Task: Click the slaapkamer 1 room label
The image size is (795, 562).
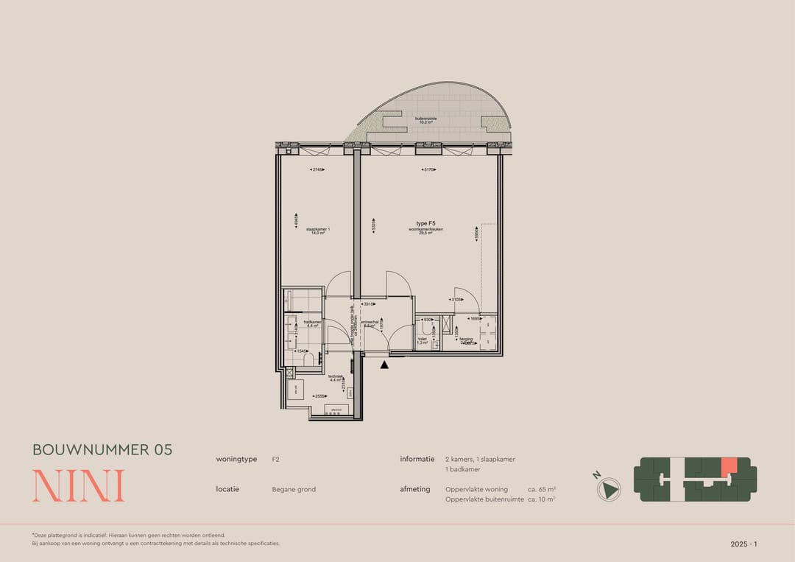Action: (x=318, y=231)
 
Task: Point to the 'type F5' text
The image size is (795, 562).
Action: (x=426, y=222)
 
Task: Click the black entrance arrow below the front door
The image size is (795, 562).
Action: (x=384, y=364)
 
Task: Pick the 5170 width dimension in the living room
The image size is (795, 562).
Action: (x=429, y=169)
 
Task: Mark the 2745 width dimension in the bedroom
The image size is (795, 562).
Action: (x=317, y=169)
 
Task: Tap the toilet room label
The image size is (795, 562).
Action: (x=423, y=340)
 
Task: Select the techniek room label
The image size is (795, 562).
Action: (x=335, y=378)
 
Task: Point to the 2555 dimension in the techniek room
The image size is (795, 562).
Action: (x=319, y=396)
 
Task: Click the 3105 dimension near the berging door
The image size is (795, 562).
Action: (x=457, y=300)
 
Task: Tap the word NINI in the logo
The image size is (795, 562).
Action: (x=78, y=485)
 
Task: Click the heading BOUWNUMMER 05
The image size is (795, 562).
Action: (x=102, y=449)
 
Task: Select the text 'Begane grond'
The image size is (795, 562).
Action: (x=294, y=489)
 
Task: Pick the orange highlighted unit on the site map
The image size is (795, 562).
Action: (x=728, y=466)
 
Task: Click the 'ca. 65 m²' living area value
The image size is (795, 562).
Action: (x=541, y=489)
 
